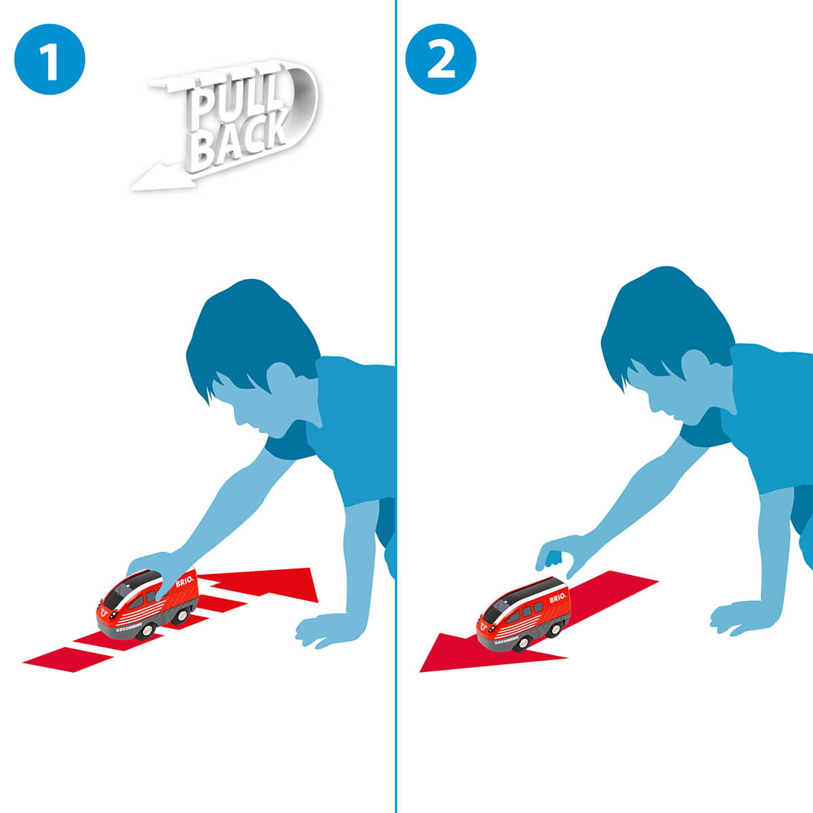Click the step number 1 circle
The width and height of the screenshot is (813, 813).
click(x=49, y=59)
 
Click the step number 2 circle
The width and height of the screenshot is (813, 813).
click(x=440, y=59)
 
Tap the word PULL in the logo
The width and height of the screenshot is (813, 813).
click(x=230, y=101)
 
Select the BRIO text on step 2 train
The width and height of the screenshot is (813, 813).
click(x=557, y=598)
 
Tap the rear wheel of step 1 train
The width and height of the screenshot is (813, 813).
click(x=182, y=617)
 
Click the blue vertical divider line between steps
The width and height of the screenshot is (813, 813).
click(x=396, y=406)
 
